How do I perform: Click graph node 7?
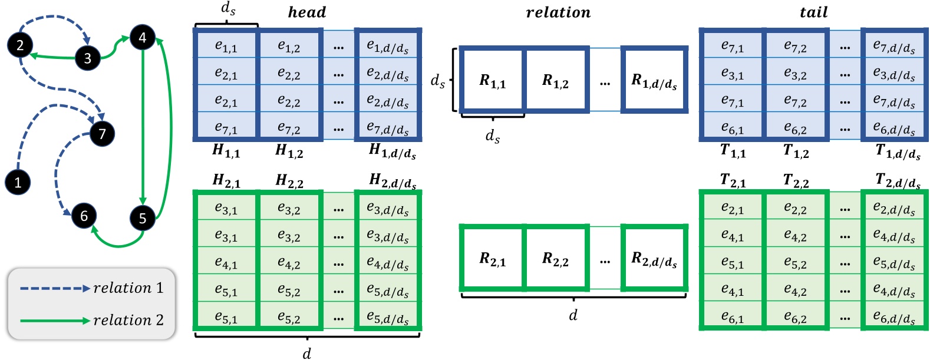tap(102, 133)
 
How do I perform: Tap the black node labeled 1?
tap(18, 182)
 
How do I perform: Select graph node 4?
tap(142, 38)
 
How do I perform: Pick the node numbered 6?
tap(84, 216)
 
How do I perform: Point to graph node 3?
tap(88, 58)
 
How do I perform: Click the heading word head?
tap(306, 12)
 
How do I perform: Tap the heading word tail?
tap(813, 12)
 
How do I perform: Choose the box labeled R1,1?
tap(493, 81)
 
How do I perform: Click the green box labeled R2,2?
tap(556, 258)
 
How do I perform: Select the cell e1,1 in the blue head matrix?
tap(226, 45)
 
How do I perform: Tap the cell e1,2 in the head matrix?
tap(289, 45)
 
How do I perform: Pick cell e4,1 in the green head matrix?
tap(226, 262)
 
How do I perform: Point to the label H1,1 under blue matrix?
tap(226, 152)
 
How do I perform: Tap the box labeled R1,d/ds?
tap(654, 81)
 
